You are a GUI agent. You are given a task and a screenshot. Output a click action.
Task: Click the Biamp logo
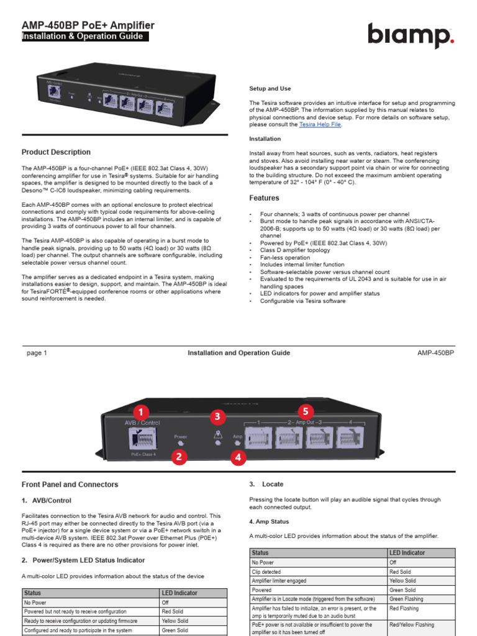pos(411,35)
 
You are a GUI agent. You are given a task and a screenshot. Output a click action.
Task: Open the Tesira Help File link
pos(320,124)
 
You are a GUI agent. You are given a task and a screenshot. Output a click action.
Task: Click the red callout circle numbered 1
pos(142,412)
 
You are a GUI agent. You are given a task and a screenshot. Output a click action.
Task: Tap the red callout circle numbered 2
pos(179,458)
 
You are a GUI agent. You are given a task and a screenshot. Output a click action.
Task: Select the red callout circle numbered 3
pos(217,416)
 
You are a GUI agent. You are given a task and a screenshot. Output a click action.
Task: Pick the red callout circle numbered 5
pos(305,411)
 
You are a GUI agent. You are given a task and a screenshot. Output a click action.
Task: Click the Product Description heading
pos(56,152)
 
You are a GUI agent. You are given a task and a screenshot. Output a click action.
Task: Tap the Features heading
pos(264,198)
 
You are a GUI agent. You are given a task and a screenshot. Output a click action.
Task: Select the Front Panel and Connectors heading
pos(70,484)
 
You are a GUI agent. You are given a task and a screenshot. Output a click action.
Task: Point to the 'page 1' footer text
pos(37,353)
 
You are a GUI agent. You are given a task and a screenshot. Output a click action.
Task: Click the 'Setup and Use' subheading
pos(270,89)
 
